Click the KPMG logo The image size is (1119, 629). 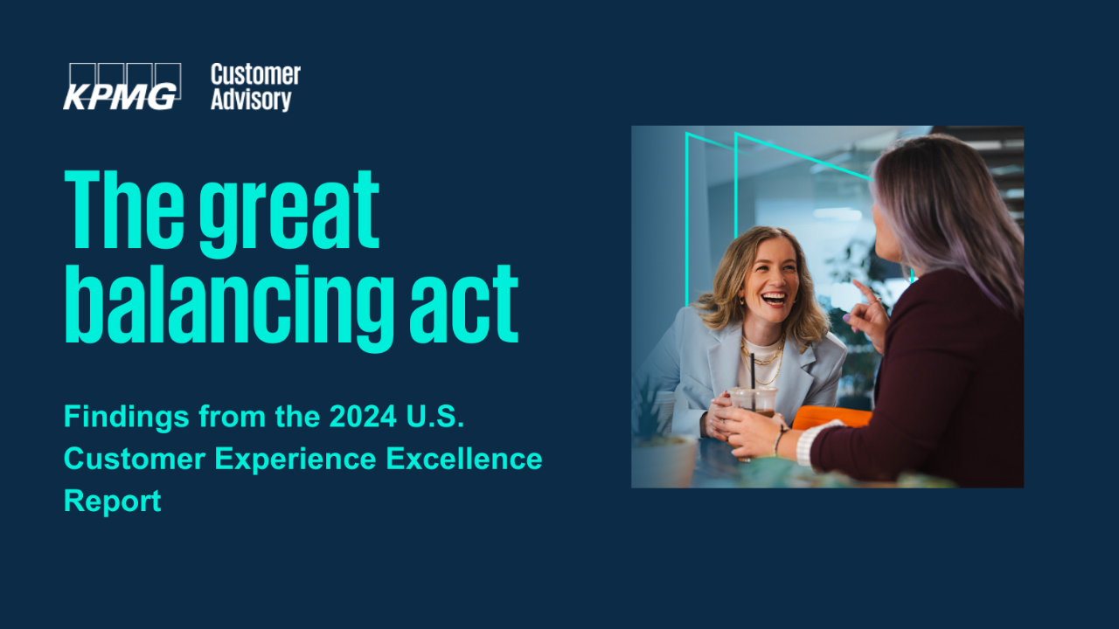coord(122,86)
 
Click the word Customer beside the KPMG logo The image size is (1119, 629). coord(255,75)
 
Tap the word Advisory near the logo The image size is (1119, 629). coord(251,100)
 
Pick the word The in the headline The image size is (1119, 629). coord(124,209)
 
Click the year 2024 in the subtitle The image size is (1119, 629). coord(363,417)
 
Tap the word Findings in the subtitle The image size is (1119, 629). coord(127,418)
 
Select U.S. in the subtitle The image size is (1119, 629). coord(435,417)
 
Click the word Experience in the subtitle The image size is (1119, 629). coord(295,460)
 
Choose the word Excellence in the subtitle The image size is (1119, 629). coord(464,459)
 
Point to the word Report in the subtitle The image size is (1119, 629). coord(113,501)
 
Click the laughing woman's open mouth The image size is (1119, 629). coord(774,299)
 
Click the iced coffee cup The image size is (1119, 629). coord(753,404)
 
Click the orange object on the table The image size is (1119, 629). coord(831,418)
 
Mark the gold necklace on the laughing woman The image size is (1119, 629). coord(761,362)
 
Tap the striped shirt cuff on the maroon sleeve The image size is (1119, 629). coord(816,441)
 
